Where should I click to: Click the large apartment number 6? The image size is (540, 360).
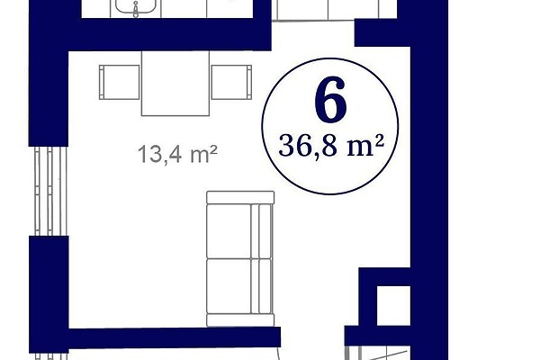pos(330,99)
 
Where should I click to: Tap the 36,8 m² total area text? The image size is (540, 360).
pos(331,146)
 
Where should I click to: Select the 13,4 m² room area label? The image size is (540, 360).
pos(177,154)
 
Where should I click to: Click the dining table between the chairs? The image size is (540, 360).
pos(175,84)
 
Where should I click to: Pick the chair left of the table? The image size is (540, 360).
pos(119,82)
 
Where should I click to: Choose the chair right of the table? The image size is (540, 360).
pos(231,82)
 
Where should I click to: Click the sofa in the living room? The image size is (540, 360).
pos(240,258)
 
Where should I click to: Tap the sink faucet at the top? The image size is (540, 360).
pos(136,10)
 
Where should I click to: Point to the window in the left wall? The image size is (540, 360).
pos(50,191)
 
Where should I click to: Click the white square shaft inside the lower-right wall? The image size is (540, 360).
pos(393,306)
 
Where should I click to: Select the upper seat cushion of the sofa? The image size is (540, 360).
pos(229,231)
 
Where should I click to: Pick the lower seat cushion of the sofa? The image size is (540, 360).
pos(229,286)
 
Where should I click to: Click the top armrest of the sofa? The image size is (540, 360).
pos(240,197)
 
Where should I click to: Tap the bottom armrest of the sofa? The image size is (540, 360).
pos(240,320)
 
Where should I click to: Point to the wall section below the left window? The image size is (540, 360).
pos(49,294)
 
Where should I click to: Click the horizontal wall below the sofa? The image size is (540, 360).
pos(175,337)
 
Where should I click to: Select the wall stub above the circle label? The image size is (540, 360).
pos(382,32)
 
